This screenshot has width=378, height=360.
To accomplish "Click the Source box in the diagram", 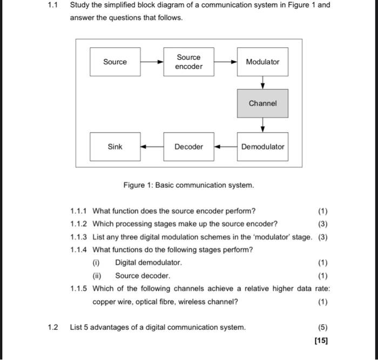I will [x=115, y=62].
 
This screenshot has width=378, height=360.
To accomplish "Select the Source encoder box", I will [x=188, y=62].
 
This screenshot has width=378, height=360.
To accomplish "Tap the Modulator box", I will [x=262, y=62].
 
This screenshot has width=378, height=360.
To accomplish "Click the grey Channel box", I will [x=262, y=103].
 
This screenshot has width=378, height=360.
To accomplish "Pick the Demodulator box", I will [x=262, y=146].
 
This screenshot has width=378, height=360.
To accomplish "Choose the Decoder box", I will [x=188, y=146].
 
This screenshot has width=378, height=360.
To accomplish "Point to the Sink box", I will [x=115, y=146].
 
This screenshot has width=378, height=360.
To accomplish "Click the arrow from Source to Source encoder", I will [x=152, y=62].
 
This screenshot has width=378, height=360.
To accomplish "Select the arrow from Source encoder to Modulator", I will [x=226, y=62].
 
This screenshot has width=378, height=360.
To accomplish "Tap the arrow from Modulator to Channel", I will [x=262, y=83].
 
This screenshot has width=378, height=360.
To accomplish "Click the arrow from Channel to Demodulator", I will [x=262, y=125].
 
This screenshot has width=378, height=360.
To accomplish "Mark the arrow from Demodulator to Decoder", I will [x=226, y=146].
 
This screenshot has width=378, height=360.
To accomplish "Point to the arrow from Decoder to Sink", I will [x=152, y=146].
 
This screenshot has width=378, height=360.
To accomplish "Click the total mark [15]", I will [x=321, y=341].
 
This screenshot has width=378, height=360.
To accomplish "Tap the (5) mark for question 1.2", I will [x=322, y=327].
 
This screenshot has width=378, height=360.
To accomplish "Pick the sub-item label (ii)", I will [x=97, y=276].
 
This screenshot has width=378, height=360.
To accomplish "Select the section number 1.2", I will [x=52, y=327].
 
